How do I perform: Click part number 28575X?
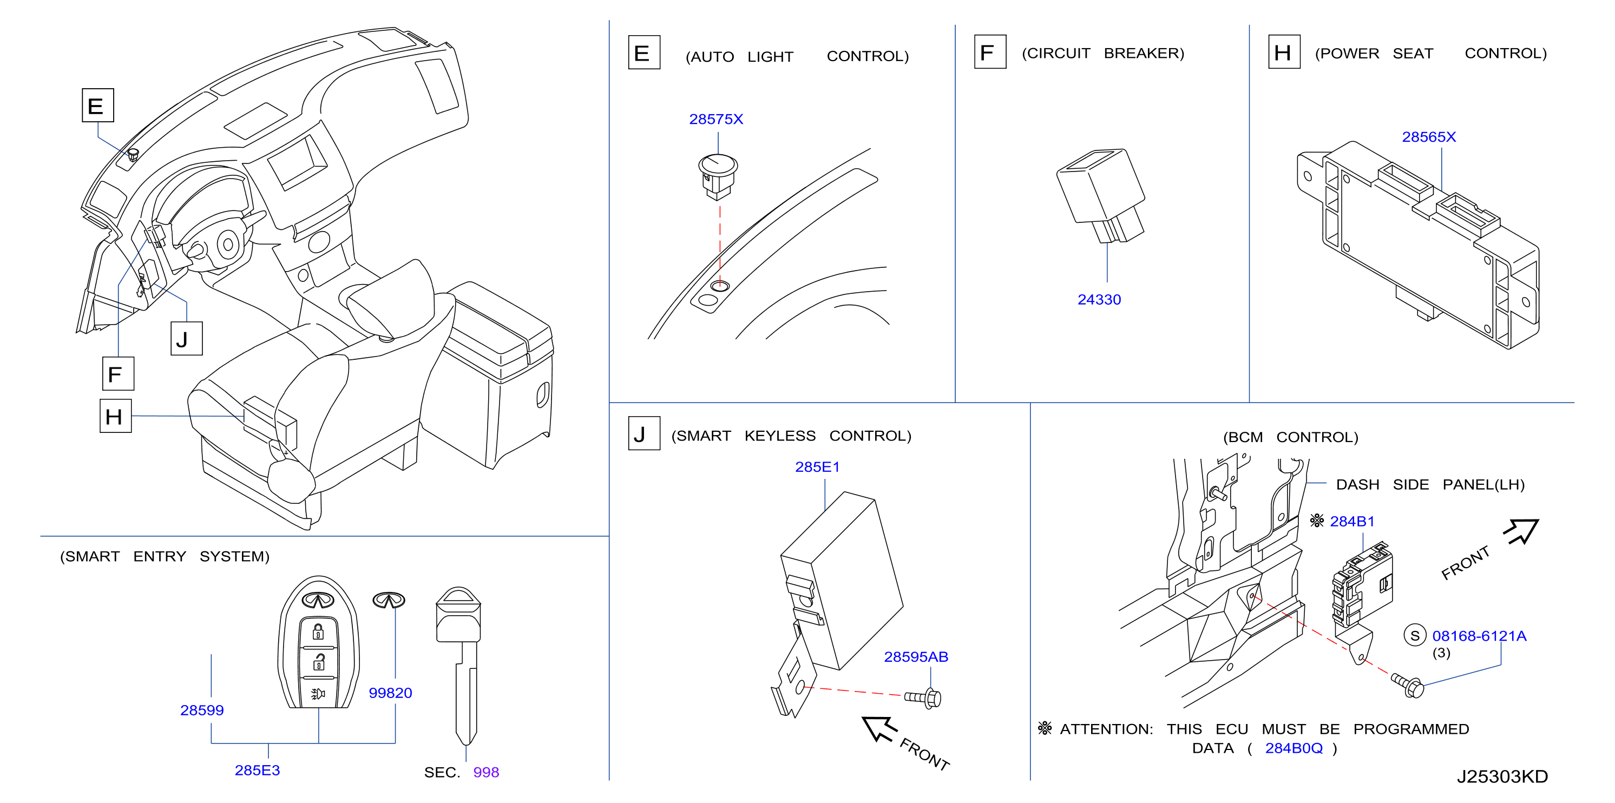pyautogui.click(x=716, y=119)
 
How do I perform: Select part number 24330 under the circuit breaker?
pyautogui.click(x=1099, y=300)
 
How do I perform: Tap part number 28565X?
pyautogui.click(x=1429, y=137)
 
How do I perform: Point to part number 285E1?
pyautogui.click(x=817, y=467)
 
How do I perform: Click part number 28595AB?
pyautogui.click(x=916, y=657)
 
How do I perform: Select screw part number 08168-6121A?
pyautogui.click(x=1479, y=636)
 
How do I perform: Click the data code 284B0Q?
pyautogui.click(x=1294, y=748)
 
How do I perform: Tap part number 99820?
pyautogui.click(x=390, y=693)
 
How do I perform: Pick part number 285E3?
pyautogui.click(x=257, y=771)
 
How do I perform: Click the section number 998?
pyautogui.click(x=486, y=772)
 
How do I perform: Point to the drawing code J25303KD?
pyautogui.click(x=1502, y=776)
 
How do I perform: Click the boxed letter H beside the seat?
pyautogui.click(x=115, y=416)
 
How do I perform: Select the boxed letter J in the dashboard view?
pyautogui.click(x=186, y=339)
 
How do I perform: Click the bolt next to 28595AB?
pyautogui.click(x=923, y=697)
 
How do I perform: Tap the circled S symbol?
pyautogui.click(x=1415, y=636)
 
